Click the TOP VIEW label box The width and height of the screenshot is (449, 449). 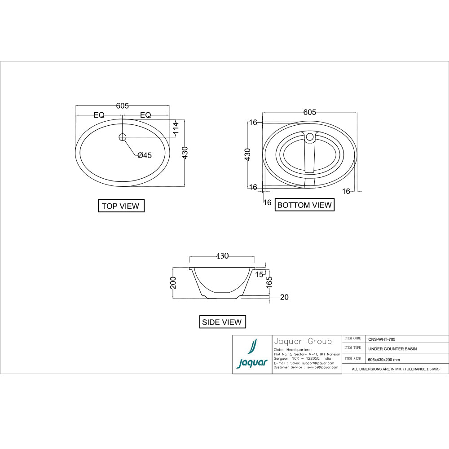tap(121, 206)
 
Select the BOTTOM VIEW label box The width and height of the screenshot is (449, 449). tap(304, 205)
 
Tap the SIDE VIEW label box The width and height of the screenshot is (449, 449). tap(222, 322)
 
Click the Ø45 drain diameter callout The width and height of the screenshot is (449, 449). tap(145, 155)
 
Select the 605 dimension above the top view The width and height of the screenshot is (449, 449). tap(122, 106)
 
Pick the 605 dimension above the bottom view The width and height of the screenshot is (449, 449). tap(309, 112)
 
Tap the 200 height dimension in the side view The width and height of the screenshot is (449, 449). tap(173, 282)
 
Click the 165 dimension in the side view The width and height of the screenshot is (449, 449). tap(269, 282)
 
